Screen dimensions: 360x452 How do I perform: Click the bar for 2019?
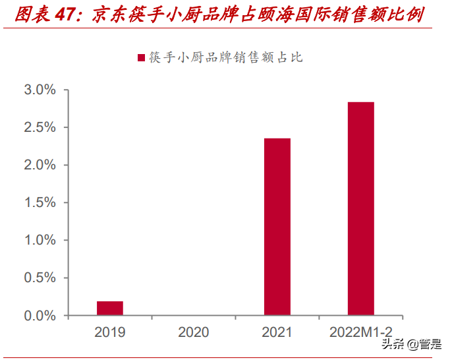click(x=110, y=309)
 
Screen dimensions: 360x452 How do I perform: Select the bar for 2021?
click(x=277, y=227)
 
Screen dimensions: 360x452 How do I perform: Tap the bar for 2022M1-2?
click(x=360, y=209)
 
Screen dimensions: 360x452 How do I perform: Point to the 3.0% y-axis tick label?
click(x=40, y=90)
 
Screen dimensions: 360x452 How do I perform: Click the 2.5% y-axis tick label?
click(x=40, y=127)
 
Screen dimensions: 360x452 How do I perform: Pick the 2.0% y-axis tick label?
click(x=40, y=165)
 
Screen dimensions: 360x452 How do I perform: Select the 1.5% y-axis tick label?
click(x=40, y=202)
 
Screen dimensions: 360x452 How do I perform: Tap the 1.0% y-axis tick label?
click(x=40, y=240)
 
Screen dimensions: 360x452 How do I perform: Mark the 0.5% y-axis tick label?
click(x=40, y=278)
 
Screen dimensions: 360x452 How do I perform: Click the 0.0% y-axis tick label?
click(x=40, y=316)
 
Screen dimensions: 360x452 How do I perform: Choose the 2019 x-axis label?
click(x=110, y=332)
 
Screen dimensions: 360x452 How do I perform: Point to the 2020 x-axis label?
click(x=193, y=332)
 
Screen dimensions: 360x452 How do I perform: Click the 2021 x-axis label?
click(x=277, y=332)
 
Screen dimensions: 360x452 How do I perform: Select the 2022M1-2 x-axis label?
click(x=360, y=332)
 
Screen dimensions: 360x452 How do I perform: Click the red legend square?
click(x=141, y=58)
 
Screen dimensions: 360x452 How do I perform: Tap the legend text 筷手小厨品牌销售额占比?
click(x=225, y=58)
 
